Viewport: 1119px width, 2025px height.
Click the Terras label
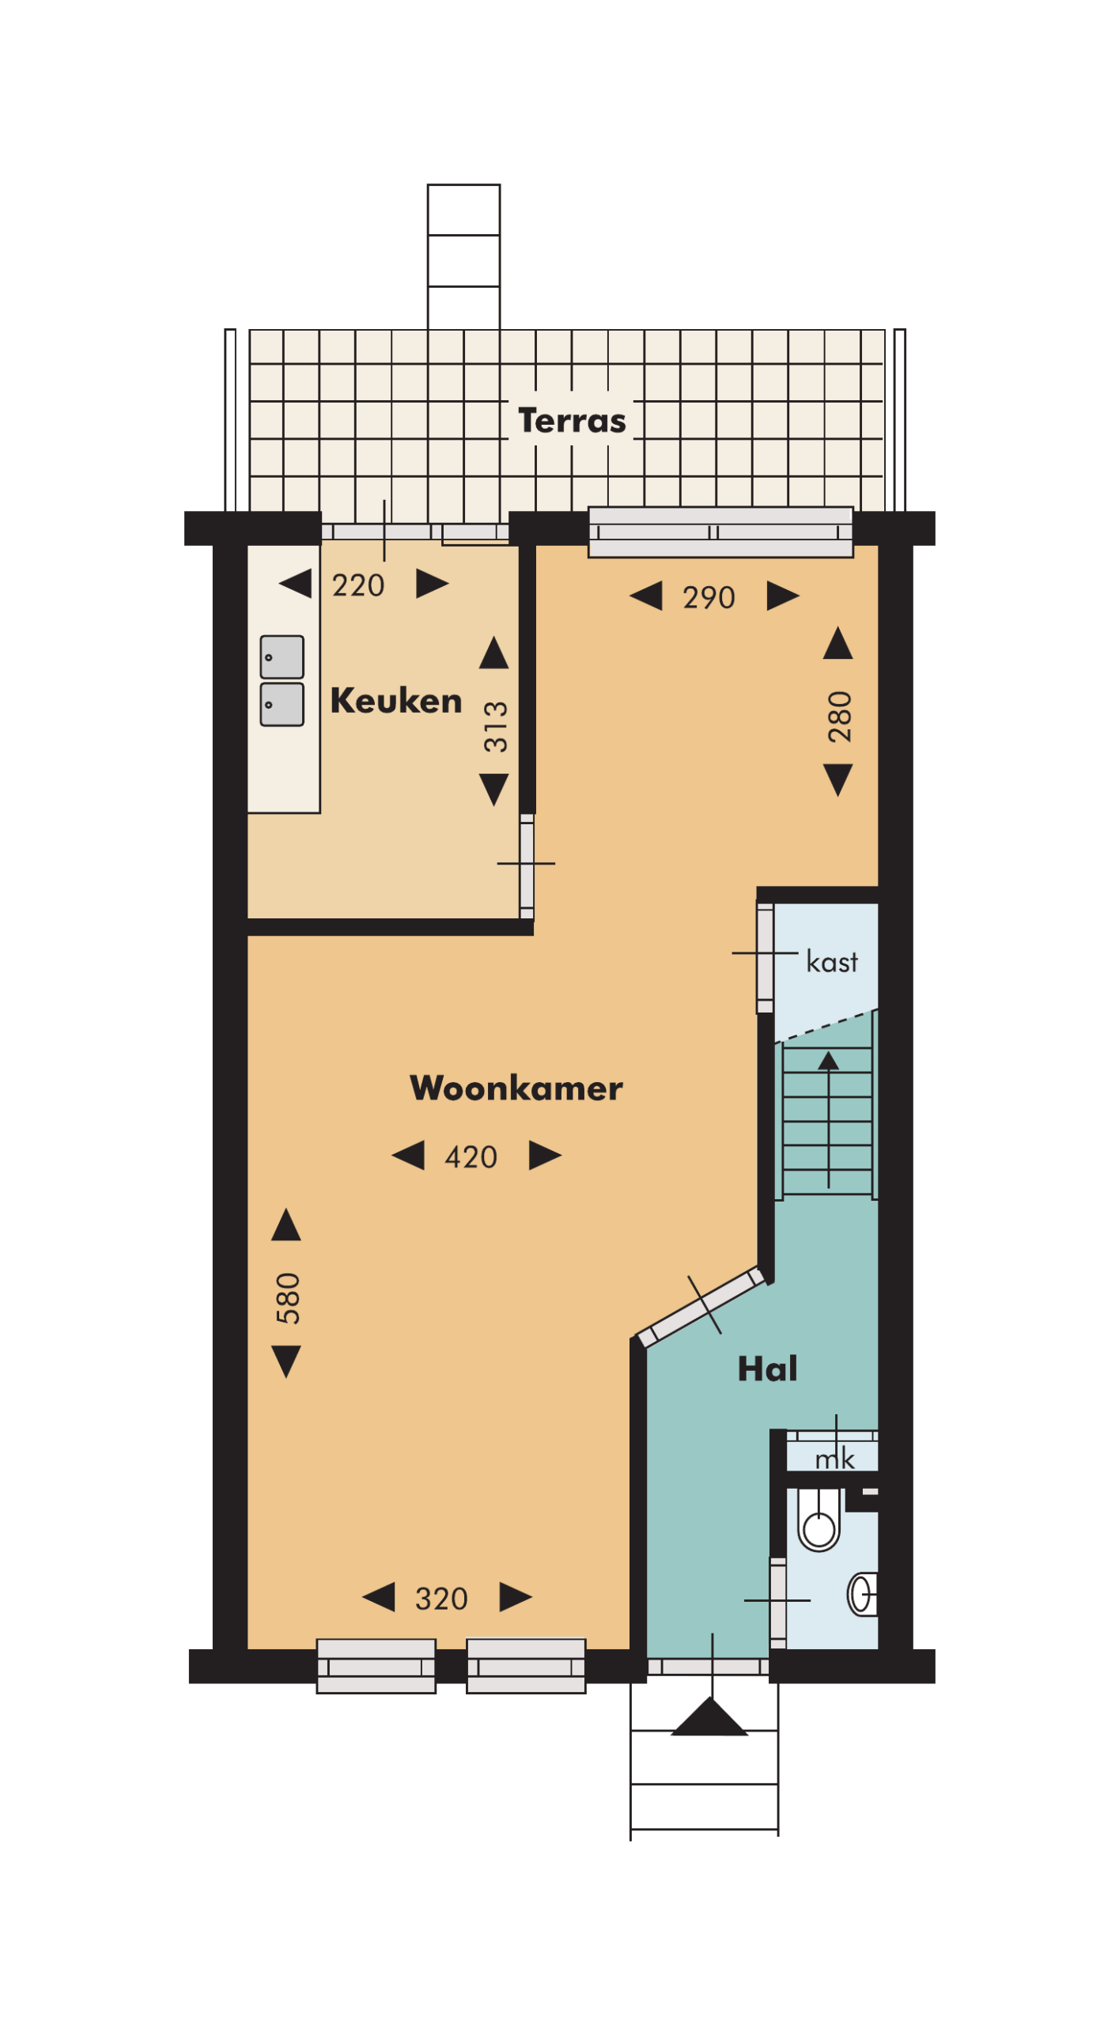point(571,421)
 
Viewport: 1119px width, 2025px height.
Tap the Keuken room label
point(395,701)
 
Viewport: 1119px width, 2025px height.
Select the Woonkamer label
point(516,1088)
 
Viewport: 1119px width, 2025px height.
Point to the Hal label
point(766,1368)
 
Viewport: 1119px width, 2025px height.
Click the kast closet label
point(831,962)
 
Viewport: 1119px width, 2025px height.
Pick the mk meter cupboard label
point(834,1459)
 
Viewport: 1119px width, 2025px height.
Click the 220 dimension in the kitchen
point(357,585)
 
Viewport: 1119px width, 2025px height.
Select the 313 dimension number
point(496,726)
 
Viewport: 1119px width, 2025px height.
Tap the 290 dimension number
point(709,598)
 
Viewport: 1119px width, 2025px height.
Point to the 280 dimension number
point(839,717)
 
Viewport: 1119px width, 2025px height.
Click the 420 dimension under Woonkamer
point(471,1157)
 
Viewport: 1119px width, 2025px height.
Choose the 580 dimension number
point(288,1298)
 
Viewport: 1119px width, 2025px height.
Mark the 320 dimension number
point(441,1599)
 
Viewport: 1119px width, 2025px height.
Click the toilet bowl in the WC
point(818,1525)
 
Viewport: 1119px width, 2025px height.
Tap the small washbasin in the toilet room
point(863,1595)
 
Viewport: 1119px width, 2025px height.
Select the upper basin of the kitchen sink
point(282,657)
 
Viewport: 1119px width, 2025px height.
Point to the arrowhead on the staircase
point(828,1060)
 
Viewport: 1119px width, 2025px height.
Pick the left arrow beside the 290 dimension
point(646,596)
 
